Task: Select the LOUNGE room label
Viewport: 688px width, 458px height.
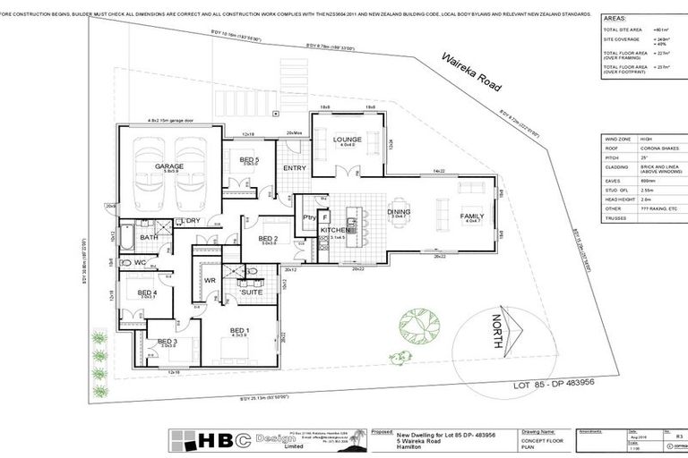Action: click(347, 140)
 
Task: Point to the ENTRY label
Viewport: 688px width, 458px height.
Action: click(294, 167)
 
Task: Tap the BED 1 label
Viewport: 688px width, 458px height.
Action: click(240, 330)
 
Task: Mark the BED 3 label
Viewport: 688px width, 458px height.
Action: click(168, 341)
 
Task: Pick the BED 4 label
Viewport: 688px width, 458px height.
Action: click(148, 292)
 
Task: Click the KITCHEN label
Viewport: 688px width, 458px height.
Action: click(333, 231)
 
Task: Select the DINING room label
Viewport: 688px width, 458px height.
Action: click(398, 212)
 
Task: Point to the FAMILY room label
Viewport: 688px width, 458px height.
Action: click(472, 216)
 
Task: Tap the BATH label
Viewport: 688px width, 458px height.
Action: click(149, 237)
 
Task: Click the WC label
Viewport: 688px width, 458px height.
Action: click(140, 262)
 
